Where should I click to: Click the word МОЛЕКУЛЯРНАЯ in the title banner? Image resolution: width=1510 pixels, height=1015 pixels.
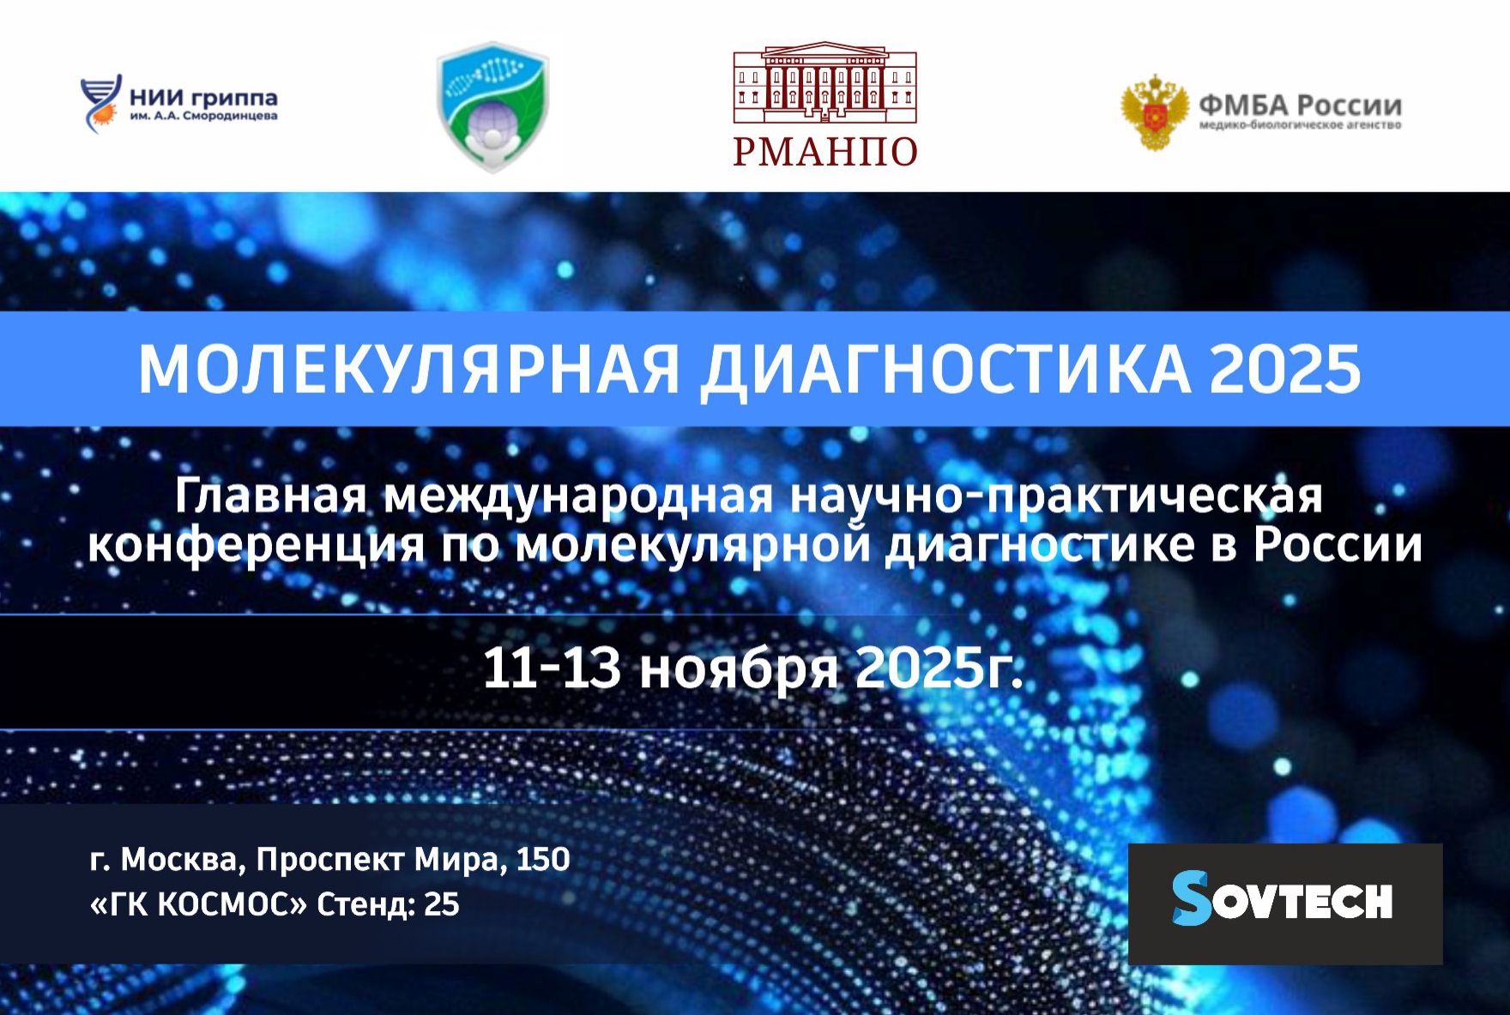coord(409,370)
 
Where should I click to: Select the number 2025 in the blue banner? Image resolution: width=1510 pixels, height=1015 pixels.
coord(1285,370)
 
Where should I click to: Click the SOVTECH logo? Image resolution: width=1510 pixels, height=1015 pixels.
coord(1283,898)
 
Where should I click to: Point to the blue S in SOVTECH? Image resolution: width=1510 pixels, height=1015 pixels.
coord(1191,898)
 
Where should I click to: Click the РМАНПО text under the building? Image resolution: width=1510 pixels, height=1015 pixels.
coord(825,151)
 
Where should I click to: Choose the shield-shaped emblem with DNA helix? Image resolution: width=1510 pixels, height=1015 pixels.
coord(492,106)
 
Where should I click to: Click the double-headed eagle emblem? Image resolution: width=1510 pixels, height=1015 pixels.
coord(1155,112)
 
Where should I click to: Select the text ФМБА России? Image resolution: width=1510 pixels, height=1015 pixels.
coord(1300,105)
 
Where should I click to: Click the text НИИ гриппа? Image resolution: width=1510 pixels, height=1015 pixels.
coord(203,97)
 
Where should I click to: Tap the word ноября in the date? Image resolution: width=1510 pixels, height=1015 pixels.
coord(739,668)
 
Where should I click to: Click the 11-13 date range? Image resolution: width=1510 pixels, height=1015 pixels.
coord(552,667)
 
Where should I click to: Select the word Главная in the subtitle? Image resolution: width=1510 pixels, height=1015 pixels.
coord(270,496)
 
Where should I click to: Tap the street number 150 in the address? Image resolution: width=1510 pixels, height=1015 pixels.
coord(542,859)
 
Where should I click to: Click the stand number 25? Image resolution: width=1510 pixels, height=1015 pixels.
coord(442,904)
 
